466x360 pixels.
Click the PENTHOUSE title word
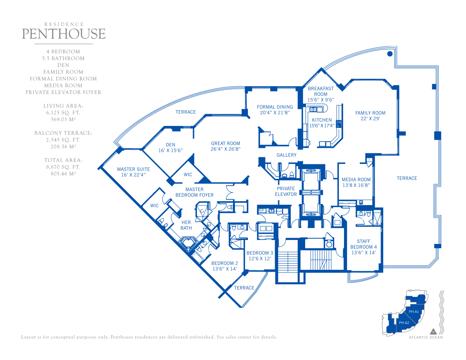pos(64,34)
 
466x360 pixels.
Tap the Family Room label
pos(370,113)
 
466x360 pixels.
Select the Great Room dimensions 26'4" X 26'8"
pos(226,149)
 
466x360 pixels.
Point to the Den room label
pos(171,145)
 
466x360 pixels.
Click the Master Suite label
pos(133,169)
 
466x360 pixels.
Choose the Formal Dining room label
pos(275,107)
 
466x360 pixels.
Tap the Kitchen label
pos(322,120)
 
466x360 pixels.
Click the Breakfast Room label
pos(321,91)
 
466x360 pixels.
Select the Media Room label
pos(356,179)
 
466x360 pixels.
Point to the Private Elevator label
pos(286,191)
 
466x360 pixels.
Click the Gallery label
pos(286,155)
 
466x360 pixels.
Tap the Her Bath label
pos(186,225)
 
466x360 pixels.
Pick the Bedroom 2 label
pos(225,263)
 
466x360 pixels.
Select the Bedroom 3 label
pos(260,253)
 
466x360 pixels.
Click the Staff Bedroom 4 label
pos(364,244)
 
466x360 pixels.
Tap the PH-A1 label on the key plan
pos(414,312)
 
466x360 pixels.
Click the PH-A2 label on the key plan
pos(404,323)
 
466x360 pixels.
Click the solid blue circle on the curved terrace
pos(390,54)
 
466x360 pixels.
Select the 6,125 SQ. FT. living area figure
pos(63,113)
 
